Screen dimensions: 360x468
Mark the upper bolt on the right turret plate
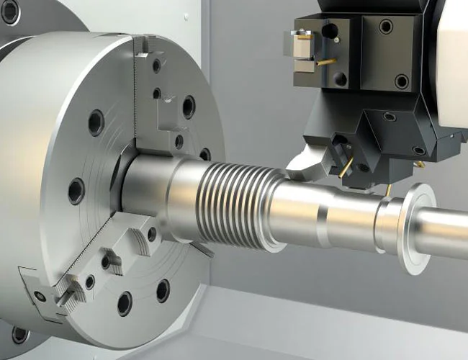387,27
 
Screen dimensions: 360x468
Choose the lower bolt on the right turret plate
401,81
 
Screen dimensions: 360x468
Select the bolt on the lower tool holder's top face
390,117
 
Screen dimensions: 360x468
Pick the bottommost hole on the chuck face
125,303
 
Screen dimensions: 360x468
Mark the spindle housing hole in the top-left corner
10,11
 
